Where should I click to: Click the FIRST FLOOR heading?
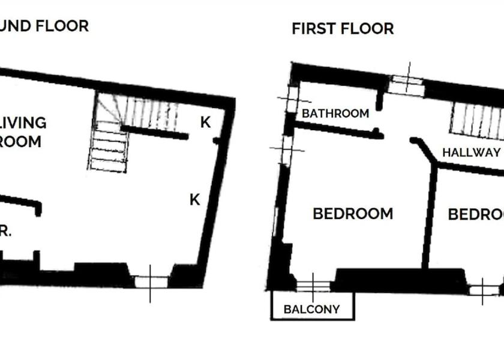click(343, 28)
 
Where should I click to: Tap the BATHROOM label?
click(335, 113)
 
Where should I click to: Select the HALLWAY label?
click(471, 152)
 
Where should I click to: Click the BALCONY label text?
click(311, 310)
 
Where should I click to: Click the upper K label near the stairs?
click(205, 122)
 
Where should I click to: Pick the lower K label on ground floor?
click(194, 200)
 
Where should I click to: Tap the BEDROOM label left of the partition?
click(353, 214)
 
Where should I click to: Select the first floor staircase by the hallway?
click(476, 120)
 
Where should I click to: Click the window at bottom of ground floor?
click(150, 281)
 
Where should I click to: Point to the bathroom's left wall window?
click(292, 99)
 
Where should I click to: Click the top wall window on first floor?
click(406, 83)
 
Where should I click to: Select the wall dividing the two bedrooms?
click(429, 216)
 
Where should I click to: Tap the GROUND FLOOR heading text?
click(44, 26)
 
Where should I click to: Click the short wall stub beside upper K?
click(215, 140)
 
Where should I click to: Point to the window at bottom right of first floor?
click(483, 290)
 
